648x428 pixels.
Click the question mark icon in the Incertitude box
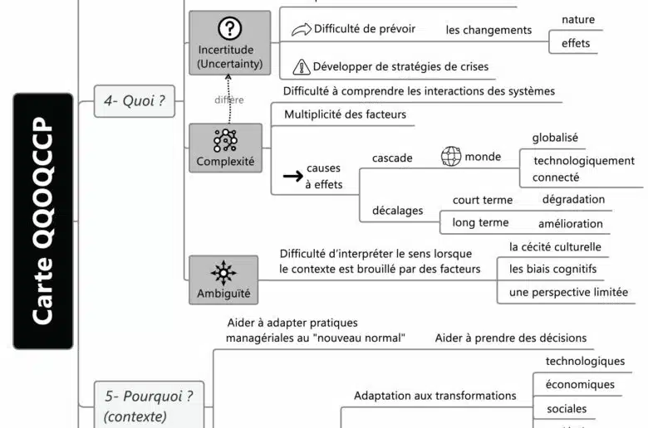[229, 29]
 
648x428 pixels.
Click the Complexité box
[225, 148]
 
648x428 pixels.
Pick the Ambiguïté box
[223, 280]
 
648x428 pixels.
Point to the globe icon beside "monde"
[451, 157]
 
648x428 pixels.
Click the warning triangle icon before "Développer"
[302, 66]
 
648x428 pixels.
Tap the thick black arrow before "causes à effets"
[292, 176]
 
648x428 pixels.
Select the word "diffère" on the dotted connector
[228, 100]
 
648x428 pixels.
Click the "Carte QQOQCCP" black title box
[43, 220]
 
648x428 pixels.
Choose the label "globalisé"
[555, 138]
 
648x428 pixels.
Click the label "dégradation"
[573, 199]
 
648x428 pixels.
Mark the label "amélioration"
[570, 223]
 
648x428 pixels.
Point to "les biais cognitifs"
[552, 269]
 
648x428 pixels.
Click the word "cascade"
[392, 158]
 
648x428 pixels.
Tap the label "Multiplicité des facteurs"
[345, 114]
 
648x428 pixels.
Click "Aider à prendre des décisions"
[510, 338]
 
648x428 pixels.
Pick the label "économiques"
[580, 385]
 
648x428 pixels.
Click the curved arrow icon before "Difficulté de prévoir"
[301, 30]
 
